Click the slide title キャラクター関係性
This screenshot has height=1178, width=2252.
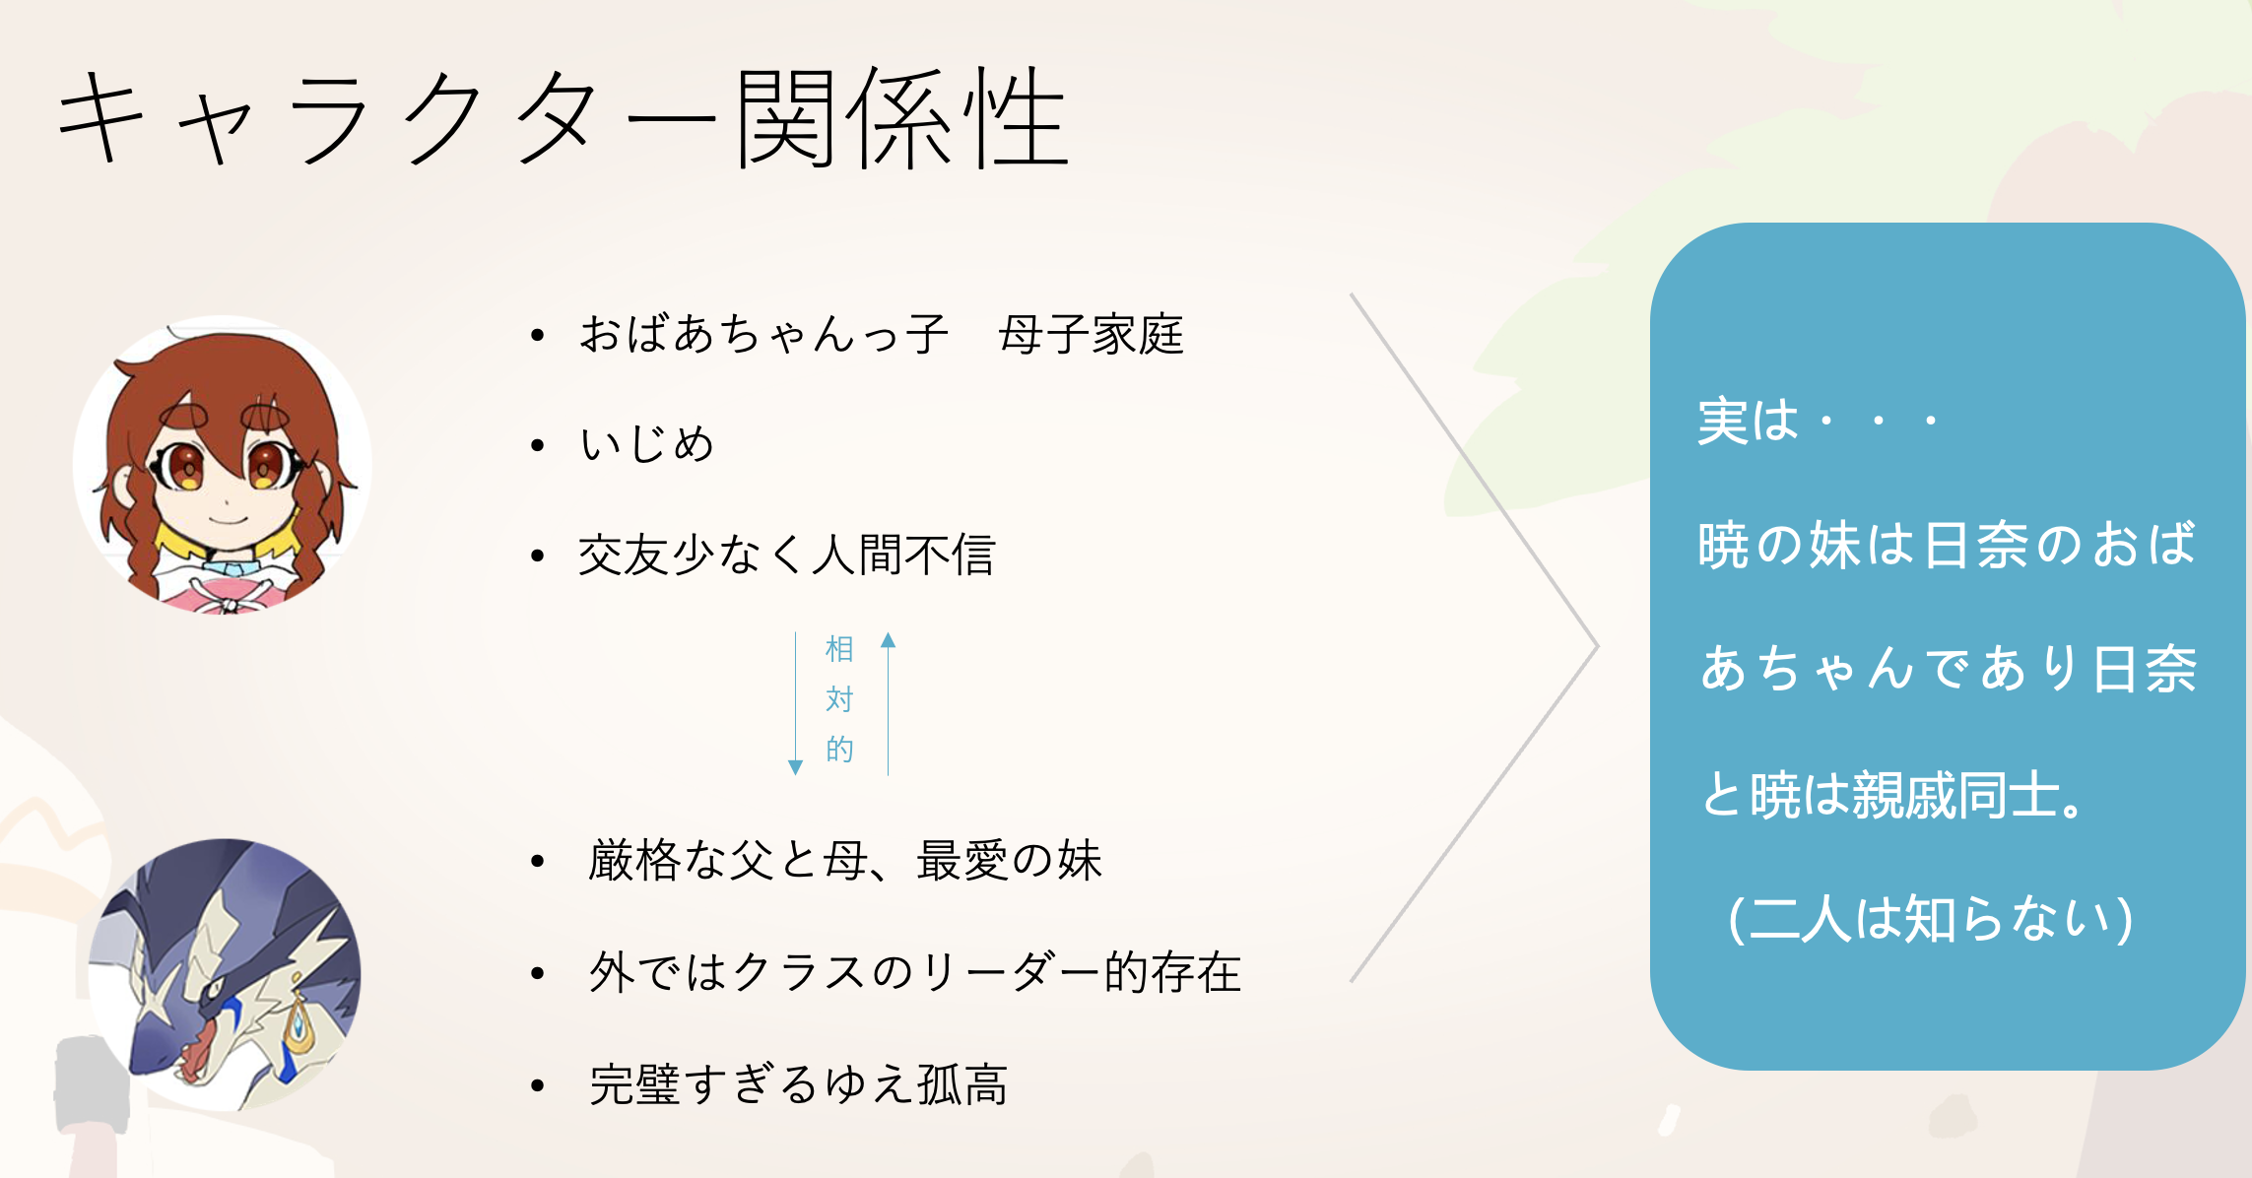pyautogui.click(x=563, y=119)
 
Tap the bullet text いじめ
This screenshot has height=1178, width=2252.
pyautogui.click(x=646, y=444)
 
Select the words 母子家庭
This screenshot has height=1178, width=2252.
pyautogui.click(x=1091, y=334)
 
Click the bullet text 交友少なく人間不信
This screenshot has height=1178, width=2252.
pyautogui.click(x=786, y=555)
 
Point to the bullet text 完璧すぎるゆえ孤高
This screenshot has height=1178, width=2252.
pyautogui.click(x=798, y=1084)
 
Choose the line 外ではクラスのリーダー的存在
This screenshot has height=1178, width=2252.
pyautogui.click(x=914, y=972)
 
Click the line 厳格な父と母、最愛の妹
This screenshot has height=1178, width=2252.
pyautogui.click(x=844, y=861)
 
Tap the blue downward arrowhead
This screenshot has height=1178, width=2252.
pyautogui.click(x=796, y=767)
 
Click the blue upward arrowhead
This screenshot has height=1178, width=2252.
pyautogui.click(x=889, y=640)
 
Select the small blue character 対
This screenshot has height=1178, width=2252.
pyautogui.click(x=839, y=699)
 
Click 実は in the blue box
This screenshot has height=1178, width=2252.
pyautogui.click(x=1748, y=422)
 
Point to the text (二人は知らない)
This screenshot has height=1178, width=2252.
pyautogui.click(x=1930, y=919)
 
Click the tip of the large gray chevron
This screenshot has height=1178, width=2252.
pyautogui.click(x=1597, y=646)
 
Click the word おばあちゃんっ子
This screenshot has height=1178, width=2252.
pyautogui.click(x=762, y=334)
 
